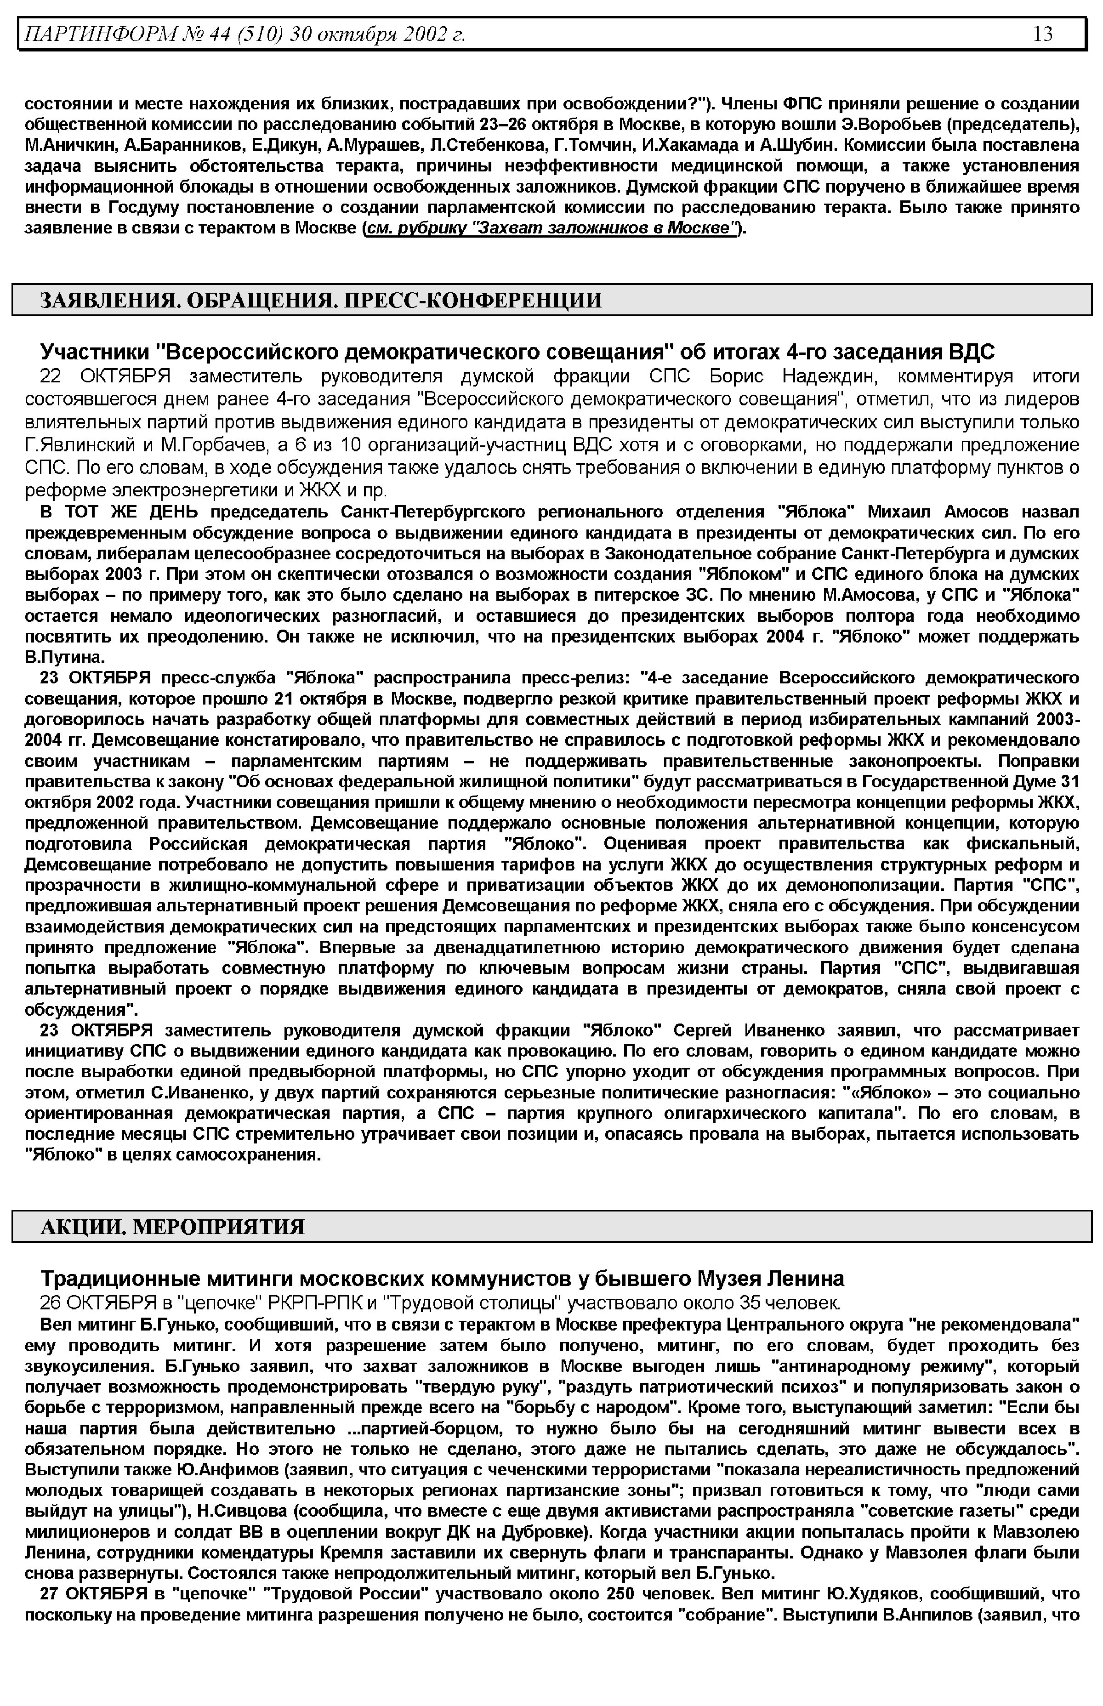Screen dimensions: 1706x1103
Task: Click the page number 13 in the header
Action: tap(1043, 34)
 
